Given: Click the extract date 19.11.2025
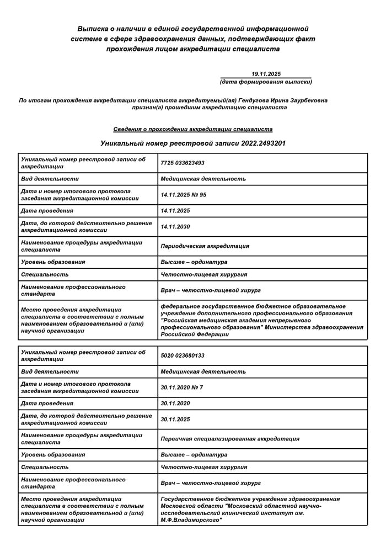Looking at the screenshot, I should [266, 73].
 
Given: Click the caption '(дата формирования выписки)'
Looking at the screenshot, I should [266, 82].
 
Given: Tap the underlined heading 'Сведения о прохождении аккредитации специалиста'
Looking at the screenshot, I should [193, 129].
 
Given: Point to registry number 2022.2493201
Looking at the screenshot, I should [263, 143].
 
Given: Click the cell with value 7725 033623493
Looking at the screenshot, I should [183, 163].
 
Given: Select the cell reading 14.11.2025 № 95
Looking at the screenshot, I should [183, 194].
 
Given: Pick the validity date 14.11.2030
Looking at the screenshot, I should [175, 226].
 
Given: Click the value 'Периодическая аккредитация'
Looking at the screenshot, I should [205, 246].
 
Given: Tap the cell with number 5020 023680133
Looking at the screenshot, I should [183, 355].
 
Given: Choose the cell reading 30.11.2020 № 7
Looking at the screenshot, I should [181, 388].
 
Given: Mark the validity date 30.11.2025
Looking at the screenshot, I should [175, 420].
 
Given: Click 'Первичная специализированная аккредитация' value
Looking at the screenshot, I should [230, 439].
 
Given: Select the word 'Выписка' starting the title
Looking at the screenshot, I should [90, 28].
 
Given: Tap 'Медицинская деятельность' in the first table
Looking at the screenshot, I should [203, 179].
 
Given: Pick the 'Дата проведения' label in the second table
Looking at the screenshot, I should [47, 404].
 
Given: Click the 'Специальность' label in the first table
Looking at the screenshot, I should [45, 274].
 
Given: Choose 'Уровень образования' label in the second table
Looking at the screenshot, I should [53, 455].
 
